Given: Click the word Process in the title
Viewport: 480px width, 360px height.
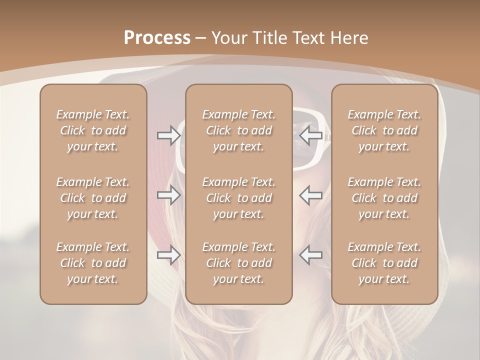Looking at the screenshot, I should click(157, 38).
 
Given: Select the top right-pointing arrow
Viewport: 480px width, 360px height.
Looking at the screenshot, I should click(169, 135).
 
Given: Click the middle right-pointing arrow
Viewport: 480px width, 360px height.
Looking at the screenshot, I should click(169, 195).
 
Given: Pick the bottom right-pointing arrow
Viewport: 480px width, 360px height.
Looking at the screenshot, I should click(169, 255).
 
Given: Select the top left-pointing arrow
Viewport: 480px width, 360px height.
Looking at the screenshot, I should click(311, 135).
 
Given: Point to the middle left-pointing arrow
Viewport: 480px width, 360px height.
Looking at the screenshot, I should click(311, 195).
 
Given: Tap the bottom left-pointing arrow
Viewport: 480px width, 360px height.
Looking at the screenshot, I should click(311, 255).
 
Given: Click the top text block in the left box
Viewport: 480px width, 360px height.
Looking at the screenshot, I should click(93, 130).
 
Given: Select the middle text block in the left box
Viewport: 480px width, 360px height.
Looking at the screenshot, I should click(93, 198).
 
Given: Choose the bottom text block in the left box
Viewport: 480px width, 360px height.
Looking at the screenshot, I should click(93, 263).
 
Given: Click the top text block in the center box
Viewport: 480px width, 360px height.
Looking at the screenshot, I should click(239, 130).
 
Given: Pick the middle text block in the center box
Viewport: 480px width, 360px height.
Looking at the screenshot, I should click(239, 198).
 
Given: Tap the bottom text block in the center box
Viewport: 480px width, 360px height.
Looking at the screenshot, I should click(239, 263).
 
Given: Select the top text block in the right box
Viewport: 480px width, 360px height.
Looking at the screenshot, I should click(384, 130).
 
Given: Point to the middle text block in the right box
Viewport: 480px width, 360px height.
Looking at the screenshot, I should click(384, 198).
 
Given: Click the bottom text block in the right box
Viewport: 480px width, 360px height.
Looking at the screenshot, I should click(384, 263).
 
